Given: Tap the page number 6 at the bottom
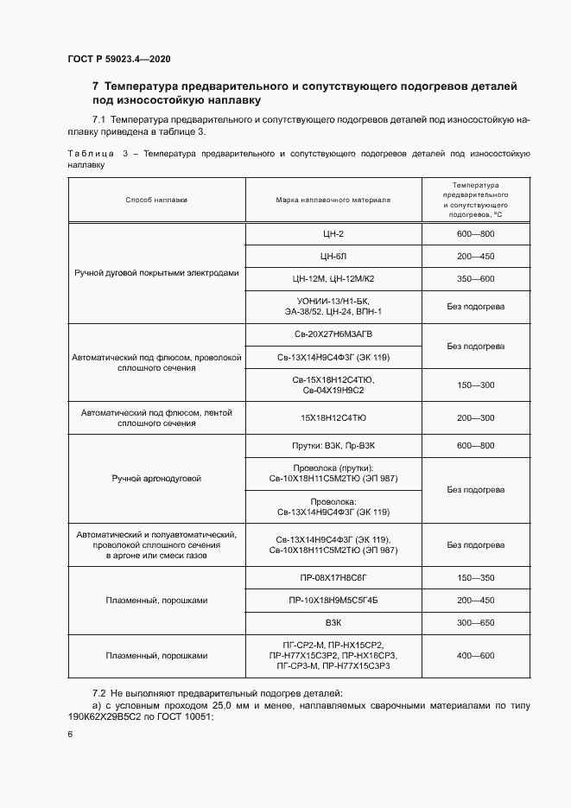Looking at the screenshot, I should [x=69, y=734].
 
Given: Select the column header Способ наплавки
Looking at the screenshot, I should [x=156, y=200].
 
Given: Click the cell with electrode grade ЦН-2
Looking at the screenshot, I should [x=333, y=233].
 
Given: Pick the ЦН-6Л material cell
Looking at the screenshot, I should [x=333, y=256].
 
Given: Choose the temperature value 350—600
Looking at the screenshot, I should [x=475, y=278].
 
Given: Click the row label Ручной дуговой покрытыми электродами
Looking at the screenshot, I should [x=156, y=272].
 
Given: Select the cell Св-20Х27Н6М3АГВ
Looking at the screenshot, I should [x=333, y=334].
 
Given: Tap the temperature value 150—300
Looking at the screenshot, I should [x=475, y=385].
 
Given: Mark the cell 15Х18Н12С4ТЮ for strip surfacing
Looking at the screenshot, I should [x=333, y=418].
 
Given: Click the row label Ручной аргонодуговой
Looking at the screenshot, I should [x=156, y=478].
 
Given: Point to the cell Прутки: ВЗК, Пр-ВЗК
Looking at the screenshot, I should [x=333, y=445].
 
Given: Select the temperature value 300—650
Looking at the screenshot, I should [x=475, y=622].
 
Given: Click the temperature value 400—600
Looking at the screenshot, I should [x=475, y=656].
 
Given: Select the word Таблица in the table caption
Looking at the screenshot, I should [x=90, y=153].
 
